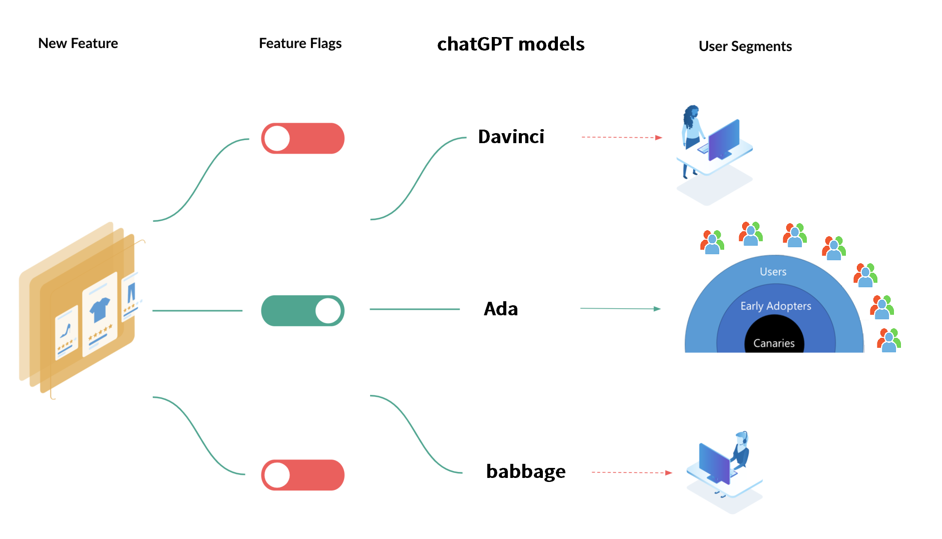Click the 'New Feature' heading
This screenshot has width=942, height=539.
click(x=78, y=44)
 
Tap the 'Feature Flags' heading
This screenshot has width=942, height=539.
click(x=300, y=44)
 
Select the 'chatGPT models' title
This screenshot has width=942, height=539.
click(x=511, y=44)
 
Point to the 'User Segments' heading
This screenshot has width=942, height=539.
click(x=745, y=47)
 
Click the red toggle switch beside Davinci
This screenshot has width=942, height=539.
click(x=303, y=138)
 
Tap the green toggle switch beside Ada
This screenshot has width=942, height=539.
click(x=303, y=311)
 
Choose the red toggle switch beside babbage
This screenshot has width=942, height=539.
click(x=303, y=475)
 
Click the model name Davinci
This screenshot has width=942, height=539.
click(x=511, y=137)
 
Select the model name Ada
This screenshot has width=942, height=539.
click(x=501, y=309)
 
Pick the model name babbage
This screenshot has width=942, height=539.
click(x=526, y=472)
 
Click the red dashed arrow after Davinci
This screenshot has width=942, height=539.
click(x=622, y=137)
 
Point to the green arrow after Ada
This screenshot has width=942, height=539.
click(x=620, y=309)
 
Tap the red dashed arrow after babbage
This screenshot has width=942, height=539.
click(x=632, y=472)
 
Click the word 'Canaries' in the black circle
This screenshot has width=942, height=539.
click(x=774, y=343)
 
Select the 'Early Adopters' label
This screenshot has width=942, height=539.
click(x=776, y=306)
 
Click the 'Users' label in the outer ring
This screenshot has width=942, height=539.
click(x=773, y=272)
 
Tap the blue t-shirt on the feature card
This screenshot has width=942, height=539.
click(x=100, y=309)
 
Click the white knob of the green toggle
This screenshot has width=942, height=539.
click(x=328, y=311)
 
